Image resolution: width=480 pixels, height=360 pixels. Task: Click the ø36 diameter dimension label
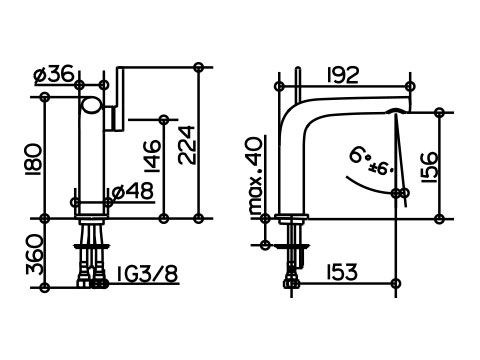pyautogui.click(x=53, y=74)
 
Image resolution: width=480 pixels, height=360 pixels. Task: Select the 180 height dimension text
pyautogui.click(x=34, y=160)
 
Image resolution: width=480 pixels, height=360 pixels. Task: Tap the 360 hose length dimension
pyautogui.click(x=35, y=255)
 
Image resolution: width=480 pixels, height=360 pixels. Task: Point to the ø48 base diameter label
pyautogui.click(x=133, y=191)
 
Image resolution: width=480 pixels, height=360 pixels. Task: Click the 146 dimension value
pyautogui.click(x=152, y=156)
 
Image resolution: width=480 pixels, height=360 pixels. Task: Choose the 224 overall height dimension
pyautogui.click(x=186, y=145)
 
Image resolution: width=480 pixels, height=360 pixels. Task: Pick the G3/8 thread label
pyautogui.click(x=147, y=273)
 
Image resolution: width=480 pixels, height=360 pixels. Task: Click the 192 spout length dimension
pyautogui.click(x=343, y=75)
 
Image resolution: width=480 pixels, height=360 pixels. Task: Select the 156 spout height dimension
pyautogui.click(x=429, y=167)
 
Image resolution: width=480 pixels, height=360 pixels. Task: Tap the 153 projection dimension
pyautogui.click(x=341, y=272)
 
